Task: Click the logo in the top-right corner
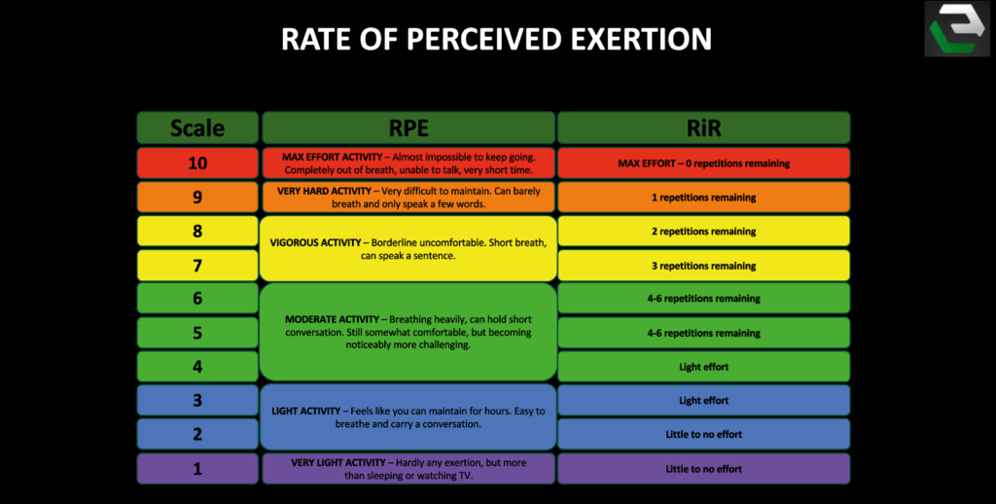(956, 30)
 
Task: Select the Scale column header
(197, 127)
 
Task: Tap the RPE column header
(409, 127)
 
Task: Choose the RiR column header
(703, 127)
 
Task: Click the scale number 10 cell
(197, 162)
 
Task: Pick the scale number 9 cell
(197, 198)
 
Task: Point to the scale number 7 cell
(197, 266)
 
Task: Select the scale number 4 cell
(197, 367)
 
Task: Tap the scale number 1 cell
(197, 469)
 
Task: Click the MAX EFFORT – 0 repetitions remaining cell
(703, 162)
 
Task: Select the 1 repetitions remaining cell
(703, 198)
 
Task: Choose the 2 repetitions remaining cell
(703, 232)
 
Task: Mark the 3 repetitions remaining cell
(703, 266)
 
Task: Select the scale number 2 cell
(197, 434)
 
